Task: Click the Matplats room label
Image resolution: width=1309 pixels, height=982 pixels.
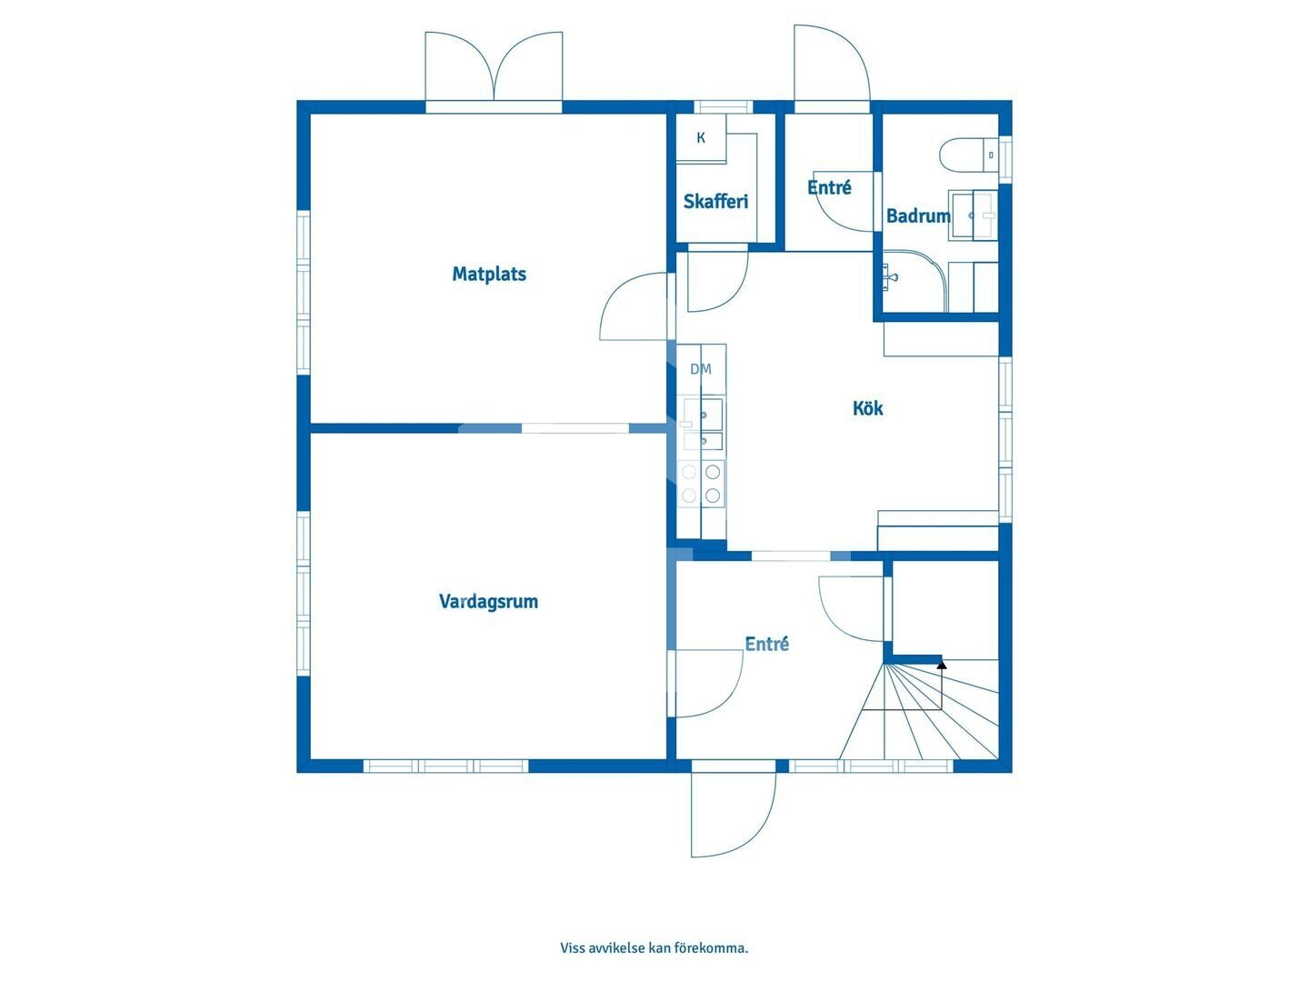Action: point(489,275)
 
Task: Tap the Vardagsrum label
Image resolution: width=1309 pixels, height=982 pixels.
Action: point(488,601)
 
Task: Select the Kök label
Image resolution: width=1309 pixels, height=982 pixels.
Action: point(868,408)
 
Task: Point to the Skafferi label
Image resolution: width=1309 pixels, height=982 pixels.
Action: point(715,202)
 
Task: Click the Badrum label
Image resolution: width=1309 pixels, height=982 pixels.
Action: point(918,215)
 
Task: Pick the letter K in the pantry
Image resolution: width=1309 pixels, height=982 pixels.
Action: point(701,137)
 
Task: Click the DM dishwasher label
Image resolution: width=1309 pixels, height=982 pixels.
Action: point(701,369)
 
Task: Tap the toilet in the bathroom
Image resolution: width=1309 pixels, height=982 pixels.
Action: point(968,155)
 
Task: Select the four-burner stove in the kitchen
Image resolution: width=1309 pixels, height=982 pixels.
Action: point(701,484)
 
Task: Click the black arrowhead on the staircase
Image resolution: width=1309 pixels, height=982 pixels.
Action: point(942,664)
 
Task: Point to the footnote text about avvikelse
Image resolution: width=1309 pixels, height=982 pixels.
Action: point(654,947)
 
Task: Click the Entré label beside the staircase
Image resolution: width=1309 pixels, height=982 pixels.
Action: point(767,644)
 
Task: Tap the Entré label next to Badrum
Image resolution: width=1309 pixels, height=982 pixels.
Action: point(830,187)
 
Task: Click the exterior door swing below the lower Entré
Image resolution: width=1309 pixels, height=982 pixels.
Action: point(734,815)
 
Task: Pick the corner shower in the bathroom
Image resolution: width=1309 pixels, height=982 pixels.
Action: point(915,280)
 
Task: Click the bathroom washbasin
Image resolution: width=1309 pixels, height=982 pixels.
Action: point(974,215)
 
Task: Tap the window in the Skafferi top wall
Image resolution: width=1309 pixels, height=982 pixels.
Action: point(724,106)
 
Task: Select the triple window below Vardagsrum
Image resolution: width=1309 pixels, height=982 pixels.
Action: point(445,767)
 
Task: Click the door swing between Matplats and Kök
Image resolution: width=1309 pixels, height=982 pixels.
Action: point(634,306)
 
